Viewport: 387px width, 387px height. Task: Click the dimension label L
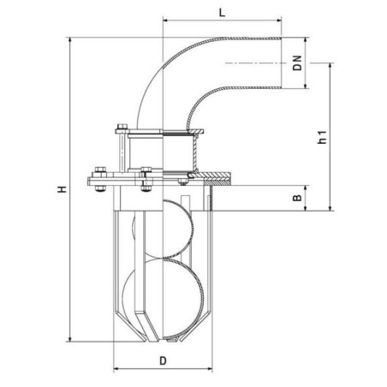pos(222,13)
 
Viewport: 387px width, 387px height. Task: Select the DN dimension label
pos(298,63)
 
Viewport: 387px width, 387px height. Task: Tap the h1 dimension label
pos(322,137)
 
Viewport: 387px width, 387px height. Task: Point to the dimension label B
pos(297,198)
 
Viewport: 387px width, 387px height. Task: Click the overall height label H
pos(62,189)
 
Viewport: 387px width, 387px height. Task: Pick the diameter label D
pos(163,360)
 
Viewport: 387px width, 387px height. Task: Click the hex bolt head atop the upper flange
pos(122,126)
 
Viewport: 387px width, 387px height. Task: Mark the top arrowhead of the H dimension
pos(70,40)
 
